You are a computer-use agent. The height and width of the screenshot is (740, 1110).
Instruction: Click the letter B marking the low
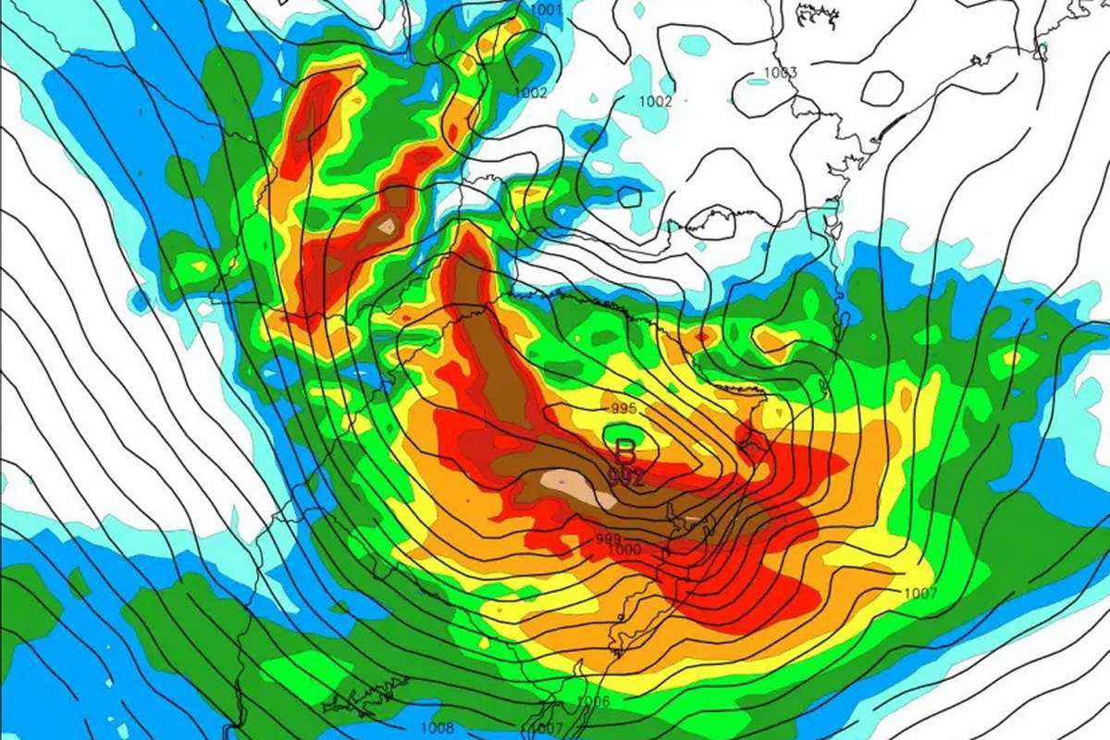click(626, 451)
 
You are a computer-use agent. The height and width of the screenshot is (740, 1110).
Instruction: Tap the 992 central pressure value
click(626, 476)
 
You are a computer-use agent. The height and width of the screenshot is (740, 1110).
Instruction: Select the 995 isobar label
click(623, 408)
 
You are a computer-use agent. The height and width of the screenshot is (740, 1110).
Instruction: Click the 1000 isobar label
click(623, 549)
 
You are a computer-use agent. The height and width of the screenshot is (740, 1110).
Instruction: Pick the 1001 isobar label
click(547, 10)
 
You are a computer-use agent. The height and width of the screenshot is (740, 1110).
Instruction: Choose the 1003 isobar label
click(781, 73)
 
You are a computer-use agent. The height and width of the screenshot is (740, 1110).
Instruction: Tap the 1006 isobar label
click(593, 702)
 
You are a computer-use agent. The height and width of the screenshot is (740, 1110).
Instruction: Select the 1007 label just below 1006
click(549, 729)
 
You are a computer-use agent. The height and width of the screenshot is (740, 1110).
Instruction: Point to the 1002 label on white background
click(656, 102)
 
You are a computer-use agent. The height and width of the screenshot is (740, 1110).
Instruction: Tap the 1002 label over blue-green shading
click(531, 93)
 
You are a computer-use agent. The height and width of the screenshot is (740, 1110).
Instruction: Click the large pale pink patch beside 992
click(578, 486)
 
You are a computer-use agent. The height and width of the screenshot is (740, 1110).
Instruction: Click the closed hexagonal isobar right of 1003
click(882, 88)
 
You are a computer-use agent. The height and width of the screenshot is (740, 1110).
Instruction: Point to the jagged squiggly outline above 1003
click(814, 14)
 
